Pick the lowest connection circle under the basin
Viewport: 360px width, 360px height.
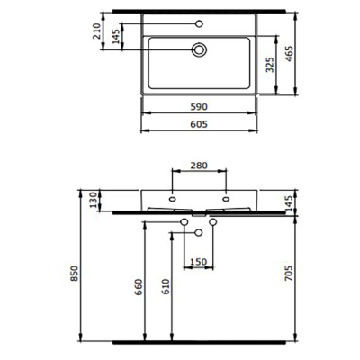click(199, 233)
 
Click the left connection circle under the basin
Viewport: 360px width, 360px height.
click(184, 222)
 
